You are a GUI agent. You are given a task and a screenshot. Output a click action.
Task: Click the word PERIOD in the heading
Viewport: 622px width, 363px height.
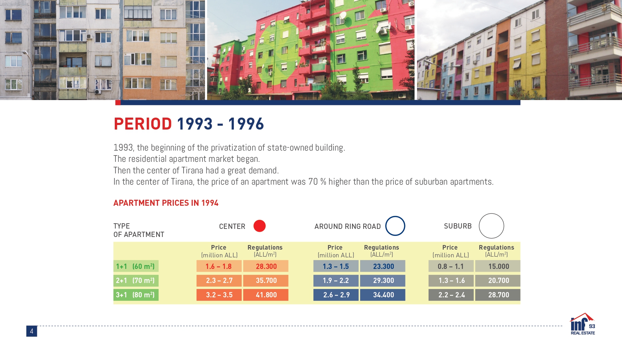click(143, 124)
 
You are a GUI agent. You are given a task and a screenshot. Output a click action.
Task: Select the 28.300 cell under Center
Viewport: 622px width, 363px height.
click(266, 266)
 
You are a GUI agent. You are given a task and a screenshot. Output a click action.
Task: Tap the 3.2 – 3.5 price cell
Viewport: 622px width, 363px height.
click(219, 295)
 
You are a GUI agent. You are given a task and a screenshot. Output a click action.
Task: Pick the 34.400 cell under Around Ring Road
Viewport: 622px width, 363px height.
click(383, 295)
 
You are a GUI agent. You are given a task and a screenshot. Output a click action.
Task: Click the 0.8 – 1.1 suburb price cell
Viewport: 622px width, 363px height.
click(451, 266)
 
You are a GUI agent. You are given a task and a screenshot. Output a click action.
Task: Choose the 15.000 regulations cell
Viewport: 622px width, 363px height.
click(498, 266)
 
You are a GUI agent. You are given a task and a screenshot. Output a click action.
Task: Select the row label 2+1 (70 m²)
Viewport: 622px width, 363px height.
click(136, 280)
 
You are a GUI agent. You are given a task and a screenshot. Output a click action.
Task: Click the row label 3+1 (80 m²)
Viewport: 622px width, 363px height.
click(136, 295)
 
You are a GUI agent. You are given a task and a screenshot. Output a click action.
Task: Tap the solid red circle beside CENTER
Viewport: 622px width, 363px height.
click(260, 226)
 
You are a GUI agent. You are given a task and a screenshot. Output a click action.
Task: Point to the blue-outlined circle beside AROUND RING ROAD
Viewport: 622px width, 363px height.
click(386, 226)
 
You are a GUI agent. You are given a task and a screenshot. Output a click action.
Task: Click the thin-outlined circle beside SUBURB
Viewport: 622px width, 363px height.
click(479, 226)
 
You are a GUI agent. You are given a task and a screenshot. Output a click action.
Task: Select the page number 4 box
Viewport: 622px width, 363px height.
click(32, 331)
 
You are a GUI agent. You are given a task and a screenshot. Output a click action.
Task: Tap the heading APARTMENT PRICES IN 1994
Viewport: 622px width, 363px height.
click(166, 203)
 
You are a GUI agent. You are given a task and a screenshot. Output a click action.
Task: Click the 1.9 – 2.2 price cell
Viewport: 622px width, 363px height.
click(336, 280)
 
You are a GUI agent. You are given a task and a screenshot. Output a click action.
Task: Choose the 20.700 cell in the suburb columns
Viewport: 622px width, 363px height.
click(498, 280)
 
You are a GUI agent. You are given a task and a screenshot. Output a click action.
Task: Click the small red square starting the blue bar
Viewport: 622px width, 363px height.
click(118, 103)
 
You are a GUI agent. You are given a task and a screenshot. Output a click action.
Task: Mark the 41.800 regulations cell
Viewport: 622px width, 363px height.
click(266, 295)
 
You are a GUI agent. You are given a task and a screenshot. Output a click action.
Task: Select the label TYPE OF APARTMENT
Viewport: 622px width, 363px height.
click(139, 230)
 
